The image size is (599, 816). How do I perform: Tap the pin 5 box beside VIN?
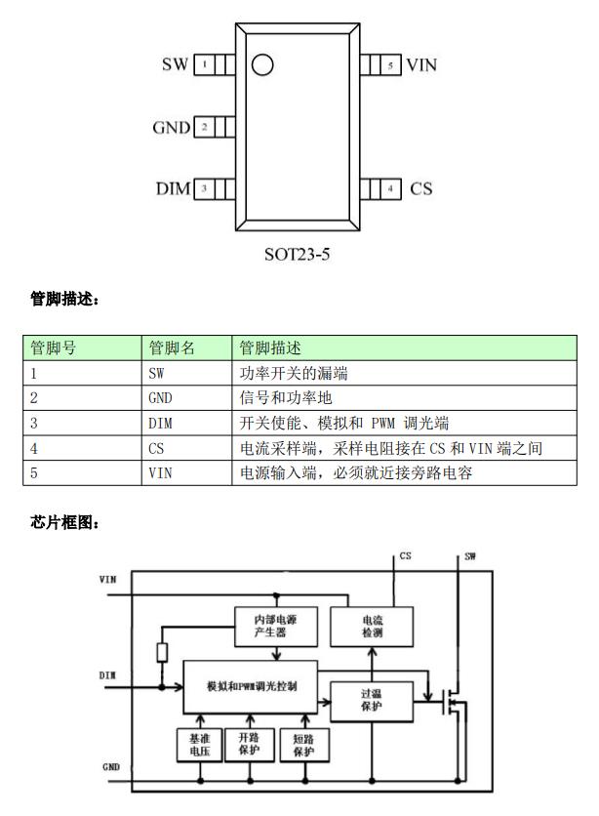click(391, 65)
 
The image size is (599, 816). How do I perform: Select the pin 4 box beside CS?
click(391, 187)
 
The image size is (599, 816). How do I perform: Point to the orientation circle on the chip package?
click(261, 65)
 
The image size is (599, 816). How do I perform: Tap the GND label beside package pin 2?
click(171, 128)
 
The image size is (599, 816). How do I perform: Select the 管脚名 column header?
click(171, 347)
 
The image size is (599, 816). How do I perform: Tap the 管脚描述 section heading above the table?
click(64, 299)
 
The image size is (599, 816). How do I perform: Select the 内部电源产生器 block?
click(276, 624)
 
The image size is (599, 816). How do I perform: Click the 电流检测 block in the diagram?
click(372, 626)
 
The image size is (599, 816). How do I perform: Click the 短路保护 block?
click(303, 746)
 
